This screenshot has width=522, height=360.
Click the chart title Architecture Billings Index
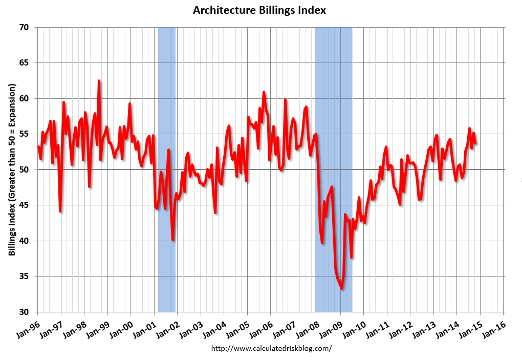coord(259,10)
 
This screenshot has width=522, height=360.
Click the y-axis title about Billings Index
coord(12,170)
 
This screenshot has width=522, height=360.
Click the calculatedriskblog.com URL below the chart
coord(271,348)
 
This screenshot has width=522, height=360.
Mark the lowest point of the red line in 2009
coord(341,289)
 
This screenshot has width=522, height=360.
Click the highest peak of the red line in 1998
coord(99,81)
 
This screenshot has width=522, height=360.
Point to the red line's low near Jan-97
coord(60,211)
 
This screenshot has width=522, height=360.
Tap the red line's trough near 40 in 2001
coord(173,240)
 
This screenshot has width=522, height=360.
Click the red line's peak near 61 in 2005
coord(264,92)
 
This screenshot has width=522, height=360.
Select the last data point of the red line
coord(476,143)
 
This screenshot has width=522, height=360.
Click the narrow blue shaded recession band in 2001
coord(167,169)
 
